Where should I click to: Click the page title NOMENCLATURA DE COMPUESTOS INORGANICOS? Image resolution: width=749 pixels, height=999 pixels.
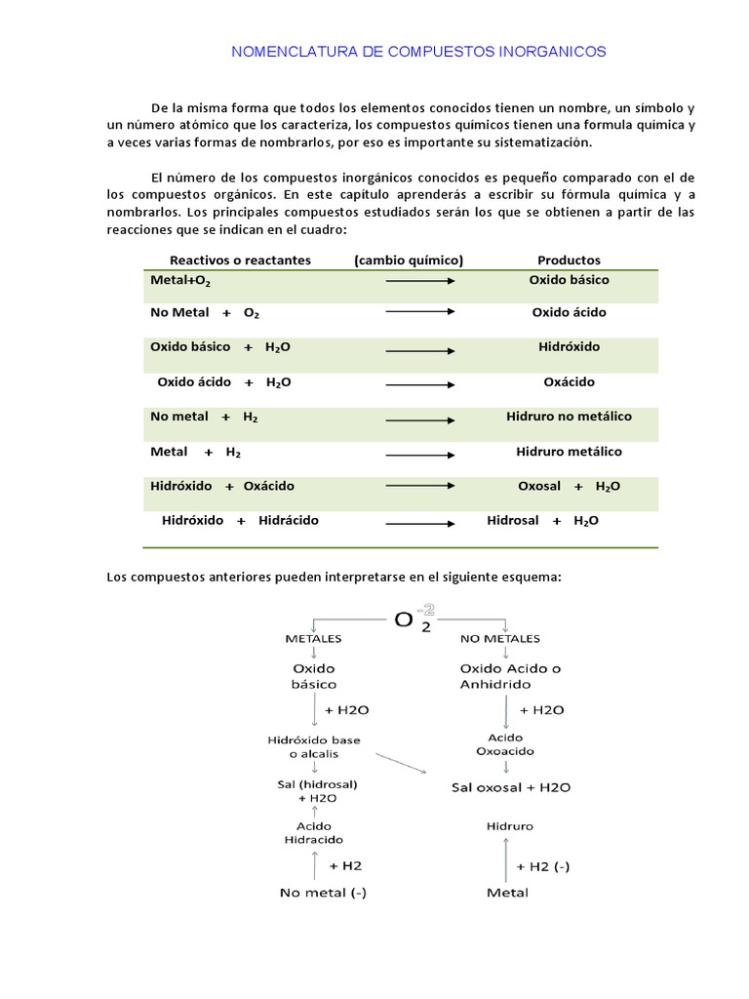[x=418, y=52]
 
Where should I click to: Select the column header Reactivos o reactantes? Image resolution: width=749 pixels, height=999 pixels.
[x=240, y=260]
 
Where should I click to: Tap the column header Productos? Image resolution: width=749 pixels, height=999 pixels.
[x=569, y=260]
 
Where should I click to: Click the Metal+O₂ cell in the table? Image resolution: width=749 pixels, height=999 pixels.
[x=180, y=281]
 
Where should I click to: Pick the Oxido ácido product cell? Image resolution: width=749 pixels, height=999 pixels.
[x=569, y=313]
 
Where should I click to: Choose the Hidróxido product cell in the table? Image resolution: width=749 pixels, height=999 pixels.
[x=569, y=347]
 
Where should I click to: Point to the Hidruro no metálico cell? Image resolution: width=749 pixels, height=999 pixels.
[x=569, y=417]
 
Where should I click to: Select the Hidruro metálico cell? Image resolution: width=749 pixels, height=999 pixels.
[x=569, y=452]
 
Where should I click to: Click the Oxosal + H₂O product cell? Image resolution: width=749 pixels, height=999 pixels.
[x=569, y=487]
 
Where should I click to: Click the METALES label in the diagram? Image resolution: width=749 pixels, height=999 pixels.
[x=313, y=639]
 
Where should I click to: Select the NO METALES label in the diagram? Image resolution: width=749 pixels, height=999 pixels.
[x=499, y=639]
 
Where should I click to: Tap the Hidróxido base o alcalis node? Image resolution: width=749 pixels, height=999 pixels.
[x=314, y=747]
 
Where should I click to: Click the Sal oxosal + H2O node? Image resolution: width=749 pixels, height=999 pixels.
[x=510, y=787]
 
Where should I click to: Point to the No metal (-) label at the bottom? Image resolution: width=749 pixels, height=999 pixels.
[x=323, y=893]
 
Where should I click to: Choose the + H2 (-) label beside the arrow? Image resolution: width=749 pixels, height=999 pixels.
[x=543, y=866]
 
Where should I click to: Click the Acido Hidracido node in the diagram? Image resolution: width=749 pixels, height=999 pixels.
[x=313, y=832]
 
